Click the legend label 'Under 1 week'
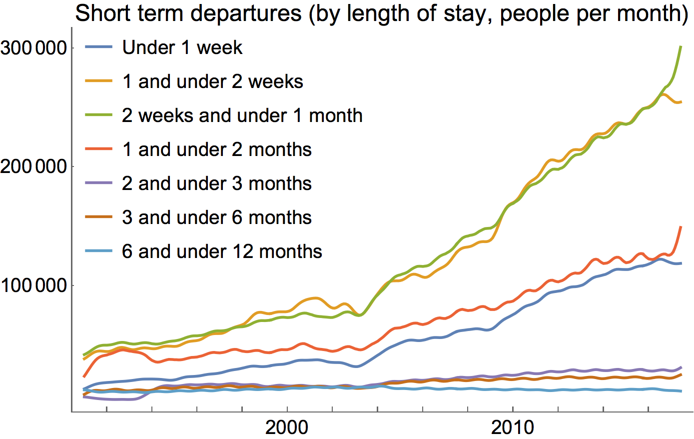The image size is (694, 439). [182, 48]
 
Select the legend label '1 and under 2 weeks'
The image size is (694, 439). [212, 82]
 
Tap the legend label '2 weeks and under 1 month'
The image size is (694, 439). [242, 116]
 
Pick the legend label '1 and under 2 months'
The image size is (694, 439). [216, 150]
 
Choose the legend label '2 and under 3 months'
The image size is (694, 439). [216, 184]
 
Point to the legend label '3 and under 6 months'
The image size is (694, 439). [216, 218]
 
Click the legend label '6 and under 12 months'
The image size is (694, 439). [222, 252]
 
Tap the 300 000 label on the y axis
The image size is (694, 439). [33, 48]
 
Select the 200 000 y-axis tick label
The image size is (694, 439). [33, 167]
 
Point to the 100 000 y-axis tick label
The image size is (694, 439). [33, 285]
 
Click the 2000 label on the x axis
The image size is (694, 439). [287, 428]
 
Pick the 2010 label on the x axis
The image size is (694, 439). [513, 428]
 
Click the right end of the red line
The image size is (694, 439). [681, 227]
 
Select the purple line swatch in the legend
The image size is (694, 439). [98, 184]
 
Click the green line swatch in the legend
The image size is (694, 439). [98, 116]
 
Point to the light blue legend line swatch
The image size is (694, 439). [98, 252]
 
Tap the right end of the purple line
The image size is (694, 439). [681, 367]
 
